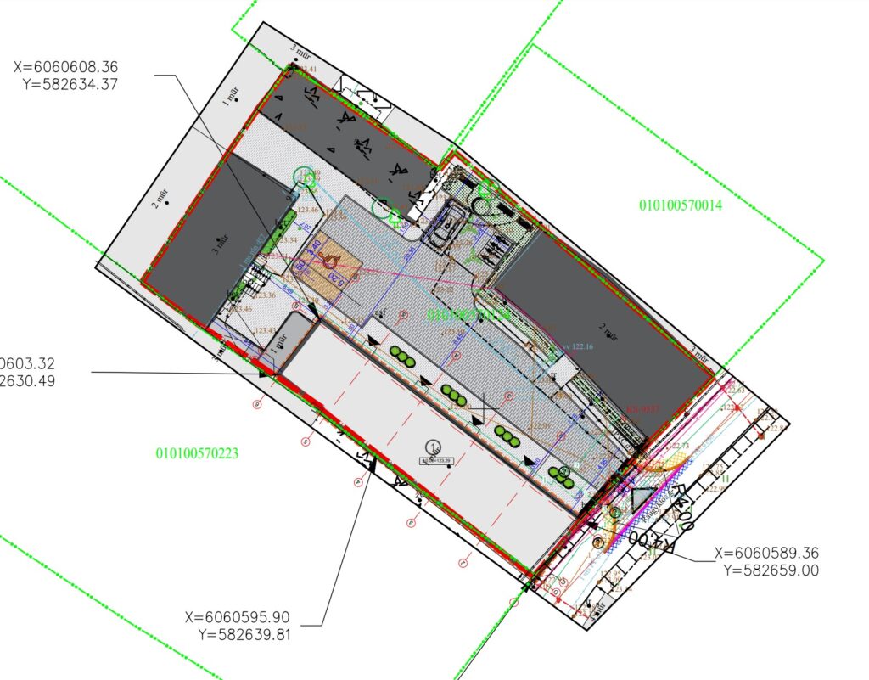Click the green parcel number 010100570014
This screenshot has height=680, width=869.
click(680, 205)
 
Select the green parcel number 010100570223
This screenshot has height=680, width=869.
click(197, 453)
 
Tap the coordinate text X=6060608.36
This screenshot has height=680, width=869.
click(65, 66)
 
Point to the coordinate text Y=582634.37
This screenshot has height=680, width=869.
click(71, 83)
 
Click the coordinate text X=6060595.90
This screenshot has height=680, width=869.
click(237, 617)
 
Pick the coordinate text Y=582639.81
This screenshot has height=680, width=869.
click(244, 633)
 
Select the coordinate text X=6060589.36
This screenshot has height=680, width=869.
click(767, 554)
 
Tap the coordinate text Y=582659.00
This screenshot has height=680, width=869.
click(771, 570)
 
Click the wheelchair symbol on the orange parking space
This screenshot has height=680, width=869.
click(331, 262)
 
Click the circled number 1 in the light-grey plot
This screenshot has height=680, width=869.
click(434, 447)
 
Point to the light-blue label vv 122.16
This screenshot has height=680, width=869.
click(576, 346)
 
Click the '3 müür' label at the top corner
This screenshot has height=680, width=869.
click(300, 52)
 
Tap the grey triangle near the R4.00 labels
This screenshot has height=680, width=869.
click(642, 500)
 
